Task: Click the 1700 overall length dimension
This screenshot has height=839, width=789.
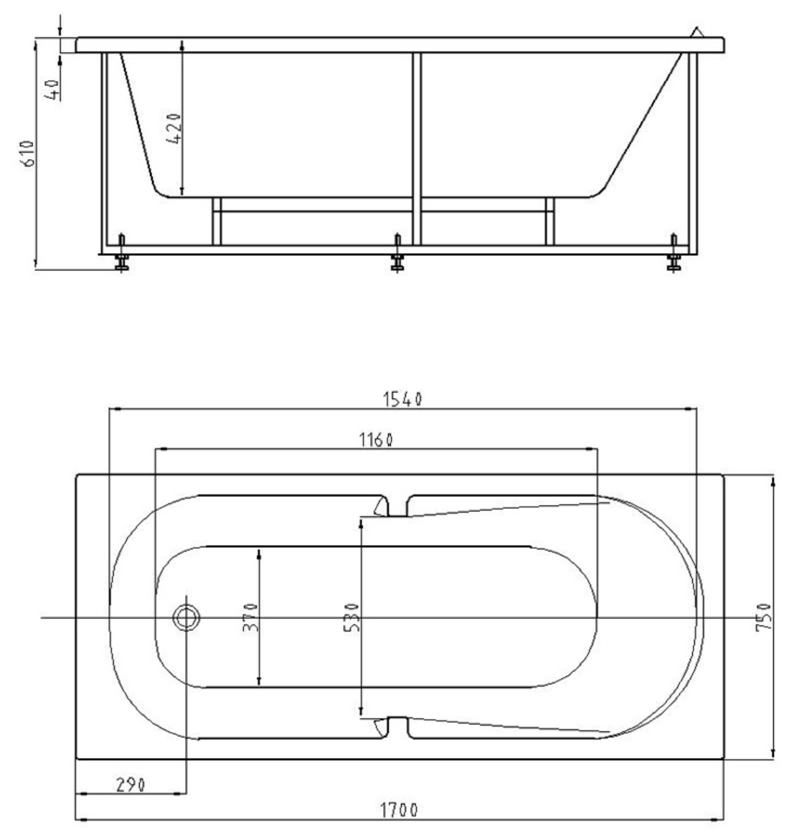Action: pyautogui.click(x=399, y=810)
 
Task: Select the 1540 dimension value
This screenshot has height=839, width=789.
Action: pyautogui.click(x=403, y=399)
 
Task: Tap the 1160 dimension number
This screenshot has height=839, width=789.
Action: pyautogui.click(x=377, y=440)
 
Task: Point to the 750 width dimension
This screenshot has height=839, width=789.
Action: pyautogui.click(x=764, y=616)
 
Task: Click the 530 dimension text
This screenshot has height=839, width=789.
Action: pyautogui.click(x=351, y=617)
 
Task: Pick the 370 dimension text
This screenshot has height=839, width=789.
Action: pyautogui.click(x=250, y=617)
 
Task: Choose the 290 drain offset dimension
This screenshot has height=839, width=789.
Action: pyautogui.click(x=131, y=785)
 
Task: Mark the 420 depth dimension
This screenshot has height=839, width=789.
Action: pyautogui.click(x=174, y=128)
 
